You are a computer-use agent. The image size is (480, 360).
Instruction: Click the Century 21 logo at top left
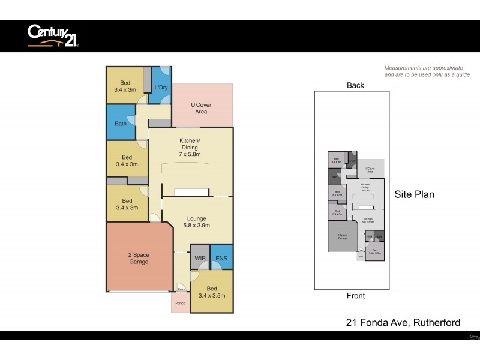[53, 35]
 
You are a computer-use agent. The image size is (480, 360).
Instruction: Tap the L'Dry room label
[160, 88]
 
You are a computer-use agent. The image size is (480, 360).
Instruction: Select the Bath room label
[121, 124]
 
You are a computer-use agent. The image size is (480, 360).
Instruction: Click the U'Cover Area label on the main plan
[201, 109]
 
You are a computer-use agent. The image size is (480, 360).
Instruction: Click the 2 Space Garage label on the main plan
[138, 259]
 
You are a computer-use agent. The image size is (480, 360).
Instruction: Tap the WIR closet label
[200, 259]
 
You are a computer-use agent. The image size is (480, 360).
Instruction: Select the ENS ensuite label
[221, 259]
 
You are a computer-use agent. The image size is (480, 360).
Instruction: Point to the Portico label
[180, 304]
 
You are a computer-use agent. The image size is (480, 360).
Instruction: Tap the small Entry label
[181, 290]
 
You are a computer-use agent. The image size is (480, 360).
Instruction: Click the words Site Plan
[414, 194]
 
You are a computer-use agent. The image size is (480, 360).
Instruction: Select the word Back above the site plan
[355, 85]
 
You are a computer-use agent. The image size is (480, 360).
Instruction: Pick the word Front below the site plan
[355, 296]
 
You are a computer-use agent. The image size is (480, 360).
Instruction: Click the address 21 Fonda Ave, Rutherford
[403, 323]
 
